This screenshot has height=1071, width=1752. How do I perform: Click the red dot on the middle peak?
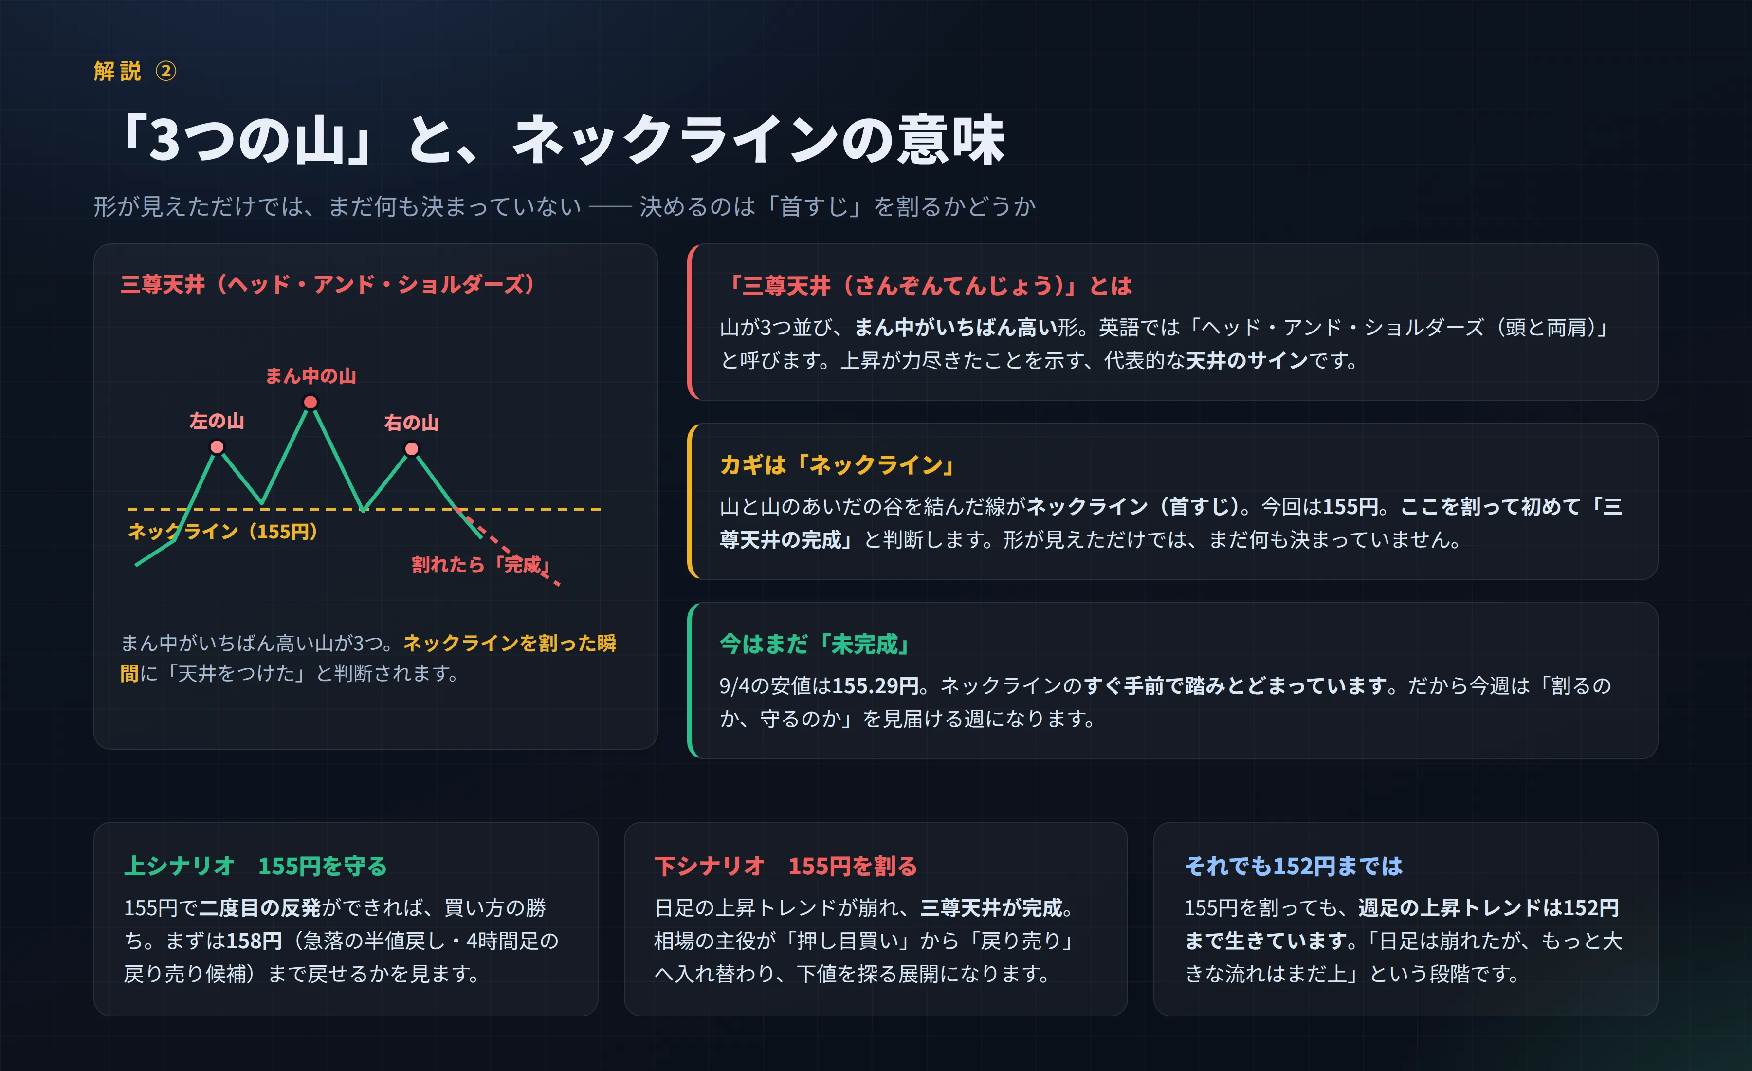tap(310, 403)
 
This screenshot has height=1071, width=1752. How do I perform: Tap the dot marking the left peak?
tap(217, 446)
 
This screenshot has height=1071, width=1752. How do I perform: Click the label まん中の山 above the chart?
tap(310, 375)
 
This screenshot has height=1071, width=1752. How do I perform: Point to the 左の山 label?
tap(217, 421)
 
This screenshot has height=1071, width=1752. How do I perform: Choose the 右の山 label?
tap(412, 423)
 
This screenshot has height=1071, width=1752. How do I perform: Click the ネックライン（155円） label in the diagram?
tap(222, 531)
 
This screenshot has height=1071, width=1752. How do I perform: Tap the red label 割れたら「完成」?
tap(481, 565)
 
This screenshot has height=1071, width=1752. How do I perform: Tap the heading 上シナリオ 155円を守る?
tap(255, 866)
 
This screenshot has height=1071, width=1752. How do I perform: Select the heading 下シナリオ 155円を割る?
tap(785, 866)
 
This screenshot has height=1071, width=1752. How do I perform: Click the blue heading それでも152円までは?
tap(1294, 866)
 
